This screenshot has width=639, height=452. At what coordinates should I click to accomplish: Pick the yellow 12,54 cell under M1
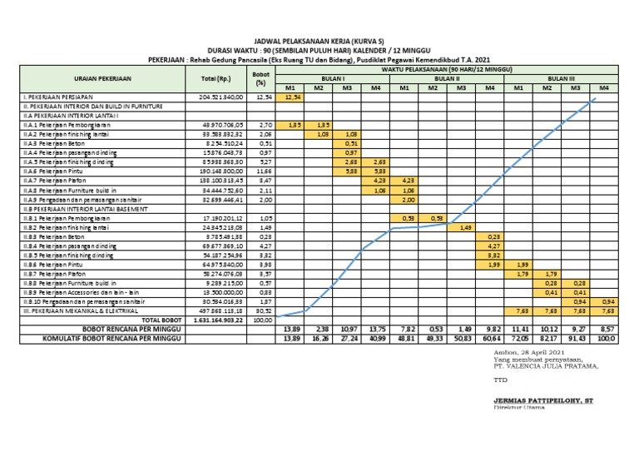click(x=291, y=97)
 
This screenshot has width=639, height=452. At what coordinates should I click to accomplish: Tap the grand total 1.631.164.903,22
click(x=215, y=319)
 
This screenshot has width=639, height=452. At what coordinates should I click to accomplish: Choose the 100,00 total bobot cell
click(x=262, y=319)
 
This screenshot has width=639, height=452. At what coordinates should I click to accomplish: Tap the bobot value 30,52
click(x=262, y=311)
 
